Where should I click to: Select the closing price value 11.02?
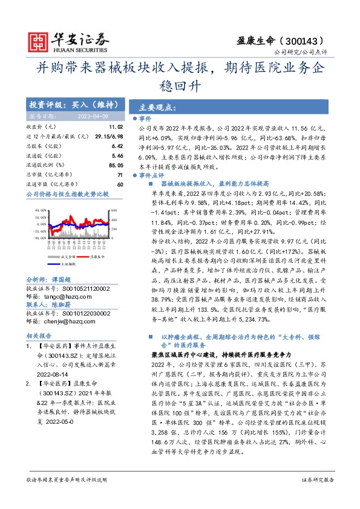(x=116, y=128)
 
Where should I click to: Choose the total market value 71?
(x=120, y=174)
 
